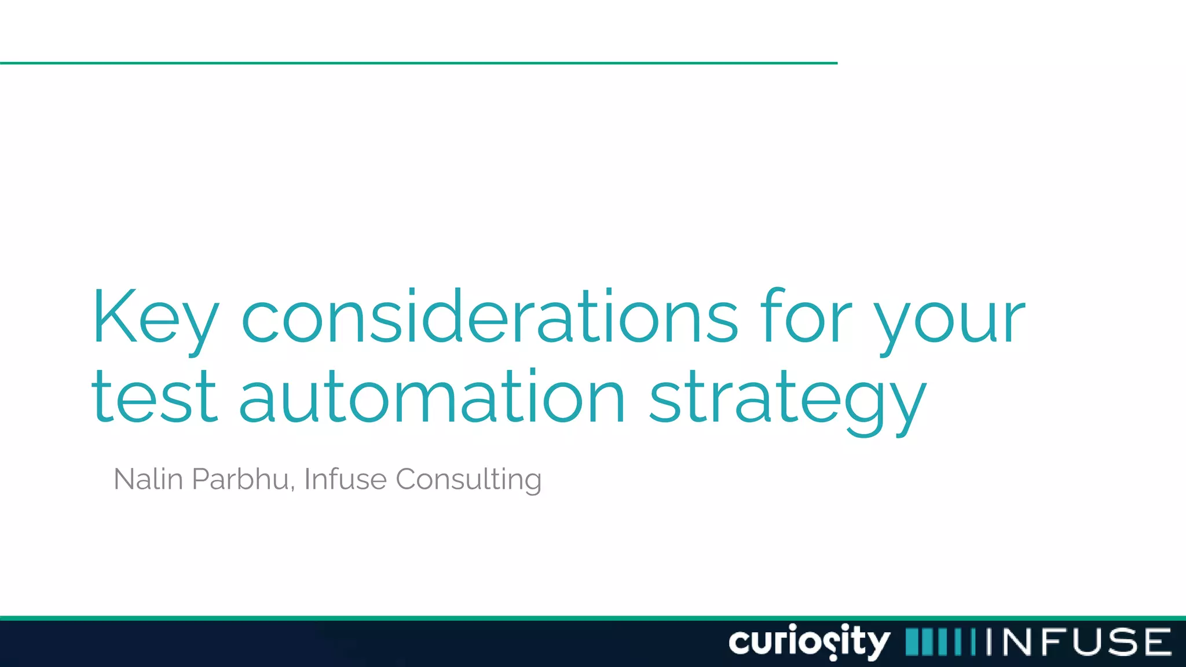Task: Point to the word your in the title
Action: (x=950, y=321)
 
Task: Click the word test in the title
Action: (x=154, y=397)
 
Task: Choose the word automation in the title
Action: (x=432, y=397)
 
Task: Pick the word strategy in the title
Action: (x=788, y=400)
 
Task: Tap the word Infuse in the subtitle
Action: (x=345, y=479)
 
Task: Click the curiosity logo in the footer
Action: (x=809, y=642)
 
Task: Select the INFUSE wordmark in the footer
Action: (x=1078, y=642)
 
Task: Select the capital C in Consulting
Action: (x=408, y=479)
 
